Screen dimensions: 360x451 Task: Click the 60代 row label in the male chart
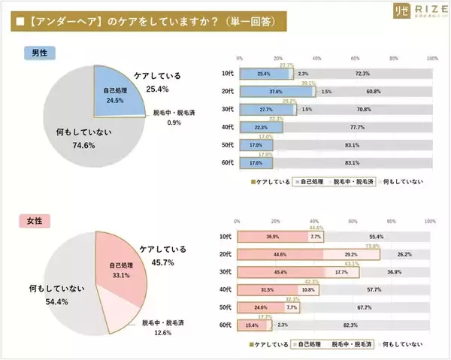228,162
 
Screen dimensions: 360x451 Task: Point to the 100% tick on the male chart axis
431,58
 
